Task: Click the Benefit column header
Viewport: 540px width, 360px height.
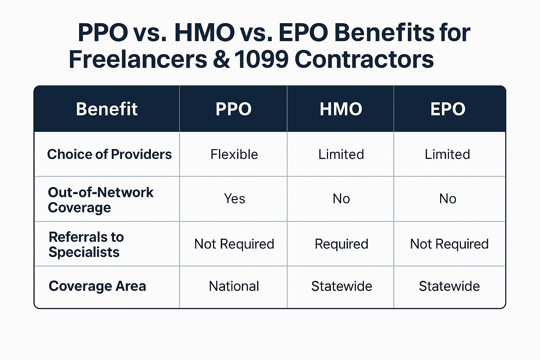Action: (x=107, y=109)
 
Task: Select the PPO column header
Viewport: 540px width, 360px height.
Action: (x=233, y=109)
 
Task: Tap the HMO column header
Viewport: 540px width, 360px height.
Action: (x=341, y=109)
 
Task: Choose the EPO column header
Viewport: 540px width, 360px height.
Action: (x=448, y=109)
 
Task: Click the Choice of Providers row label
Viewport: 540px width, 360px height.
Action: (x=109, y=154)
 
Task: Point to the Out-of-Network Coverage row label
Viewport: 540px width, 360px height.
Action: (x=101, y=200)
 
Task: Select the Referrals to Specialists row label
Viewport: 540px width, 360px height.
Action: (x=86, y=244)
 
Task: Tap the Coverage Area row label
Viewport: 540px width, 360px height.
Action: (x=97, y=286)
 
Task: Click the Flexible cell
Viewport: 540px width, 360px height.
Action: (x=234, y=154)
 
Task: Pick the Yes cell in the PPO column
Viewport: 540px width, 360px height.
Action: (x=234, y=199)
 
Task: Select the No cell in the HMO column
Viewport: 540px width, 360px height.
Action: (x=341, y=199)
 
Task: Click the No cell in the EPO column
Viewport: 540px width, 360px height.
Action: (x=448, y=199)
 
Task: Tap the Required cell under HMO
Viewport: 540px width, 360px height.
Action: (x=341, y=244)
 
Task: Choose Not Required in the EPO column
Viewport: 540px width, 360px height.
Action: (x=449, y=244)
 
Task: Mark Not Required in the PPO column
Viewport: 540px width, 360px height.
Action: (x=234, y=244)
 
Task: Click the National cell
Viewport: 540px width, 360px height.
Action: (x=234, y=286)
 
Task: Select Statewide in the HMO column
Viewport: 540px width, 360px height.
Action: (x=341, y=286)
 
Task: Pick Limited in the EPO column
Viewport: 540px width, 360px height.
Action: (x=447, y=154)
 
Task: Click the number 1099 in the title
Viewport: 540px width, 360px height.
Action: (x=261, y=59)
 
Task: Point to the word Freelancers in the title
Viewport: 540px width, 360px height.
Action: (x=138, y=59)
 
